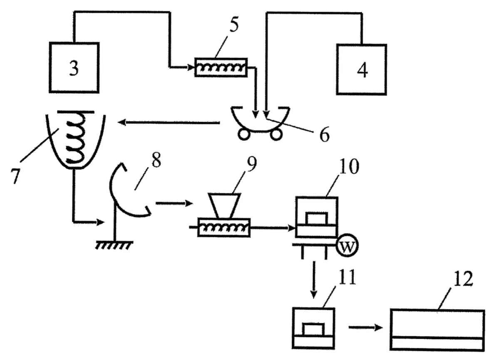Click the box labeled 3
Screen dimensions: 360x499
coord(74,67)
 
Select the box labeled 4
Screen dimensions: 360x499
coord(362,69)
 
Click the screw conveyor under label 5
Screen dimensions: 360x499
coord(221,67)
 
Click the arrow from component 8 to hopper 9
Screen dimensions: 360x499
coord(174,204)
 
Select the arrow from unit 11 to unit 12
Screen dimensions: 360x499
coord(365,327)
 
